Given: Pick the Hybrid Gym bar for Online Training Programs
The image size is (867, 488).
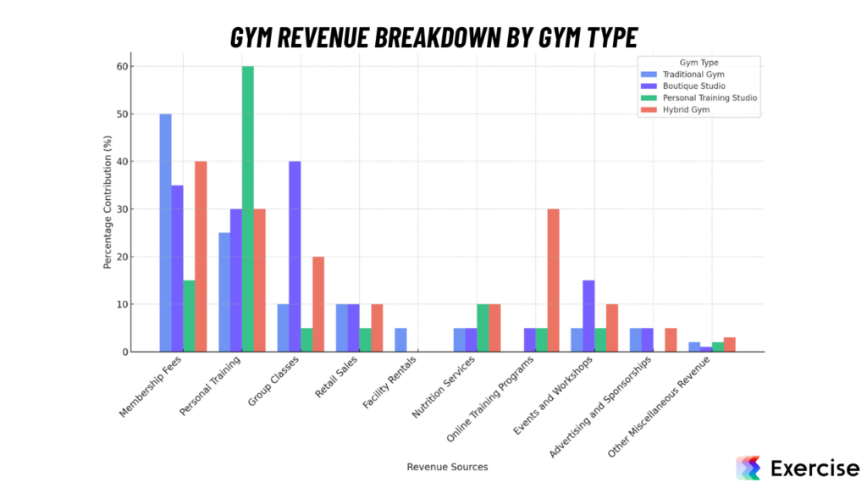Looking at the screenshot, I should click(553, 280).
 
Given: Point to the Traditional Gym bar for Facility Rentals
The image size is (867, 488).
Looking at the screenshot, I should click(400, 340).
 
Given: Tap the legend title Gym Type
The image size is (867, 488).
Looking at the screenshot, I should click(699, 62).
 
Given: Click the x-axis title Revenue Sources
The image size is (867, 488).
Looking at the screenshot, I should click(447, 467).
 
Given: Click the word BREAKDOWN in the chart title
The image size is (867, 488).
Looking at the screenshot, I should click(433, 38).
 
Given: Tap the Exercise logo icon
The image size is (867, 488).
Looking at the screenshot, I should click(748, 468).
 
